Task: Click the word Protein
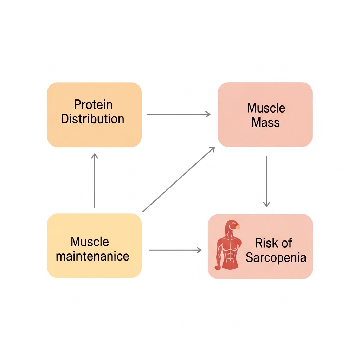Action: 93,105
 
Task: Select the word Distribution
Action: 92,119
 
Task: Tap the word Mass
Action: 265,123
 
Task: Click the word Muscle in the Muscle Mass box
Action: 266,108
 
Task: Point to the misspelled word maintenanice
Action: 92,256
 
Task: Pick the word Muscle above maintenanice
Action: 90,242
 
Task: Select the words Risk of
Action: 274,243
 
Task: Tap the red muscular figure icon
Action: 227,246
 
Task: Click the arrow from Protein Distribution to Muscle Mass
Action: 179,114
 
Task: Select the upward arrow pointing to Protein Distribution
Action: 95,181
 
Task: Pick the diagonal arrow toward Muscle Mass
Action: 179,179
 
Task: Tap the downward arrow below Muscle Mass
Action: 266,181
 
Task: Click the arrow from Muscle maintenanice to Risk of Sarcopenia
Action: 175,250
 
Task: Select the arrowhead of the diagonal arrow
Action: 212,149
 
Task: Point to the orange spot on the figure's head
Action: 238,227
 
